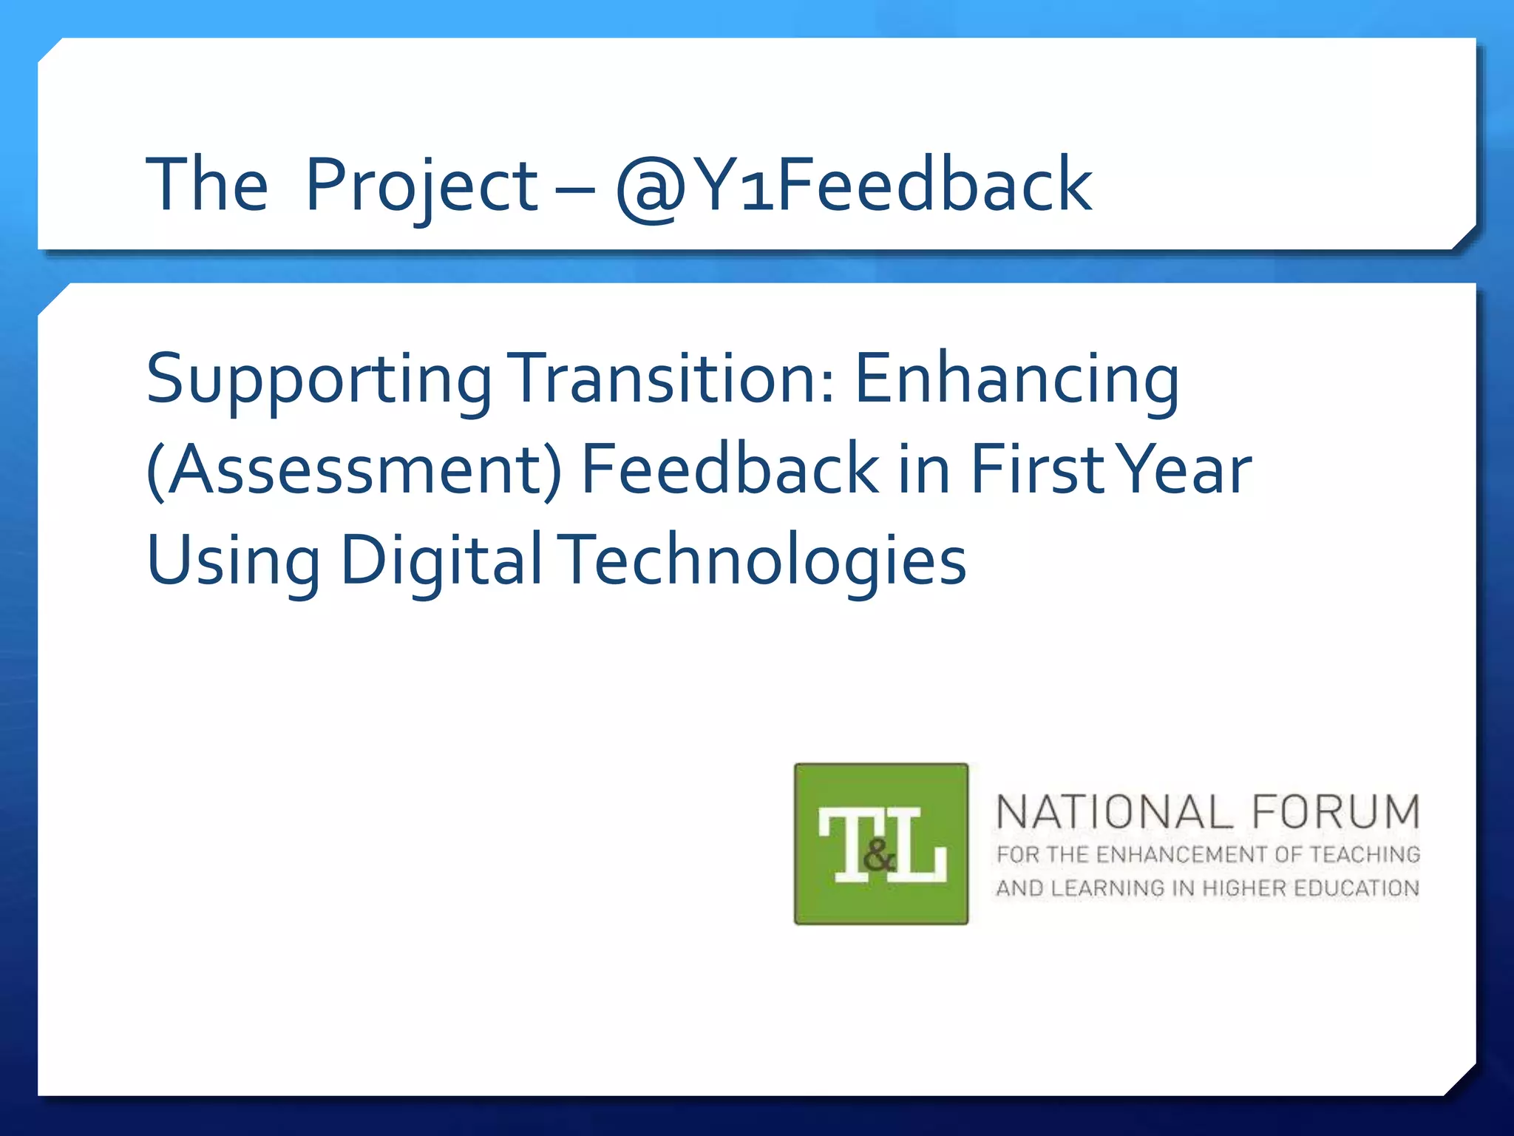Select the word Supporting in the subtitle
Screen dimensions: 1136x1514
coord(319,379)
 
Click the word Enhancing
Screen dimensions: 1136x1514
coord(1017,379)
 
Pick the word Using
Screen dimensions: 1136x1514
coord(234,561)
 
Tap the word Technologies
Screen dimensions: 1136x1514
coord(766,561)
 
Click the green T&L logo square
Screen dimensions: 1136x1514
coord(880,843)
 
